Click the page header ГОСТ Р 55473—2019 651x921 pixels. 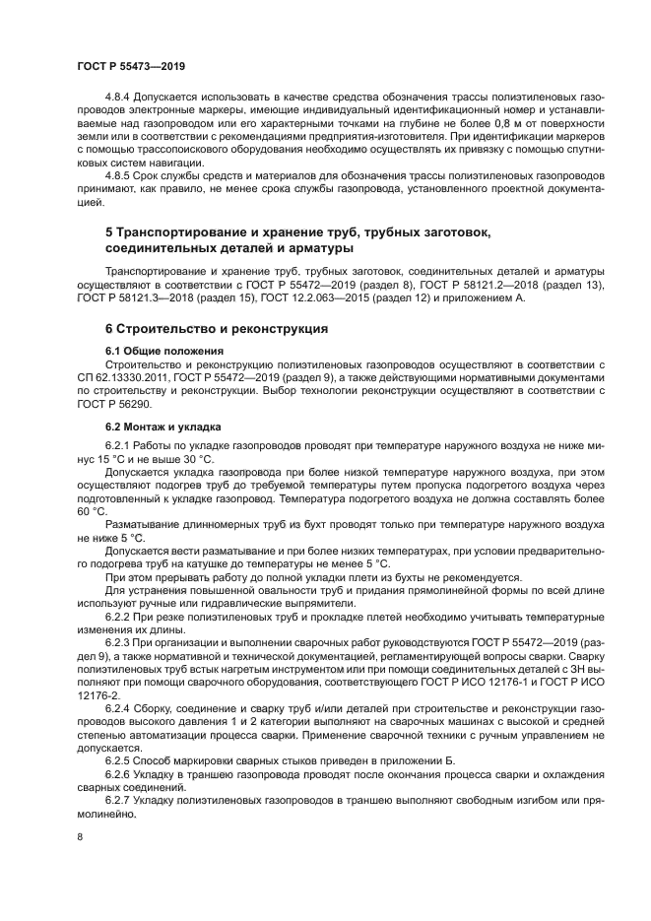click(131, 64)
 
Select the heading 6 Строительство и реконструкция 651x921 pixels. click(217, 328)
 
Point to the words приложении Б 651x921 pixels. click(368, 757)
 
